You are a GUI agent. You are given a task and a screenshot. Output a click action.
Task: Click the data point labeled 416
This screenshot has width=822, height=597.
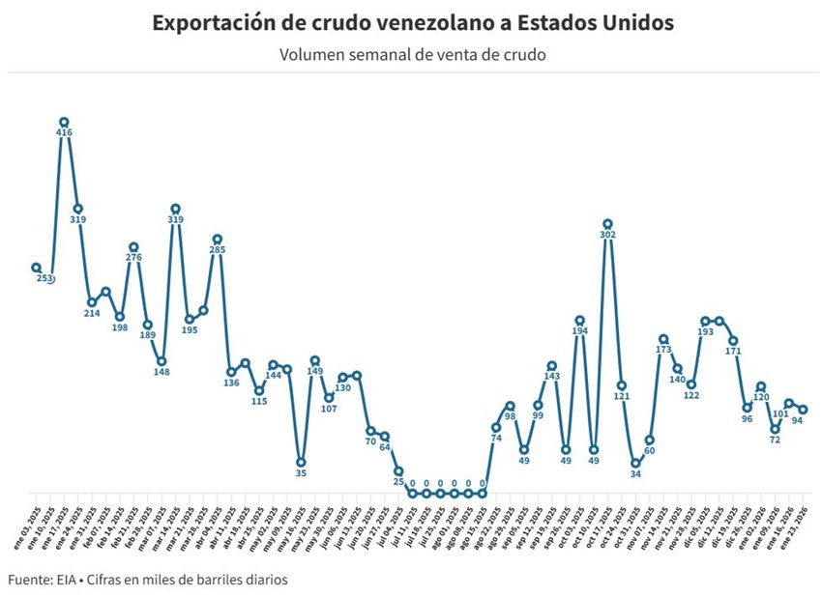coord(64,123)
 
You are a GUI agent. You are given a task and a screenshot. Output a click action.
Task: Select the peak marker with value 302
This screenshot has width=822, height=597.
coord(607,224)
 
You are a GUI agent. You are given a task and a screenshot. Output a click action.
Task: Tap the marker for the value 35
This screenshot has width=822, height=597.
coord(301,462)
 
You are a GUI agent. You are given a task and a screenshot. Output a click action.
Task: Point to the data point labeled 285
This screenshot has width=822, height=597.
coord(218,239)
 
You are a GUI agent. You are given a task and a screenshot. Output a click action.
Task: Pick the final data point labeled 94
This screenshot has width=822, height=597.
coord(803,410)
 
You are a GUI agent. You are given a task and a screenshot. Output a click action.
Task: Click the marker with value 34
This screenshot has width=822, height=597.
coord(635,463)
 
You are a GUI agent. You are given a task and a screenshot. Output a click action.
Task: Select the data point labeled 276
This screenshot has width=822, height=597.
coord(133,247)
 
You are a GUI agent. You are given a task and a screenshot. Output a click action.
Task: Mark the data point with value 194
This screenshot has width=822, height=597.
coord(579,320)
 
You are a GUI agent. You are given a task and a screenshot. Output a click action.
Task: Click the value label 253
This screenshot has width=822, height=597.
coord(44,279)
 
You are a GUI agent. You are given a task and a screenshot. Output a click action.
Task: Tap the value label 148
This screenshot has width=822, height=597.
coord(161,373)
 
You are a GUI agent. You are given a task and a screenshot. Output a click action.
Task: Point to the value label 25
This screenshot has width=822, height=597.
coord(398,482)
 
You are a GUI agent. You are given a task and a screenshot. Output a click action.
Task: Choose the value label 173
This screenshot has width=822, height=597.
coord(663,350)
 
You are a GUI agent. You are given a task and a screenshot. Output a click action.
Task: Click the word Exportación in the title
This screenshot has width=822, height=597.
coord(207,21)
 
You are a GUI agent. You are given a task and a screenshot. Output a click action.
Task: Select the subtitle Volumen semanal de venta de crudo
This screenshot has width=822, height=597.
coord(412,54)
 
